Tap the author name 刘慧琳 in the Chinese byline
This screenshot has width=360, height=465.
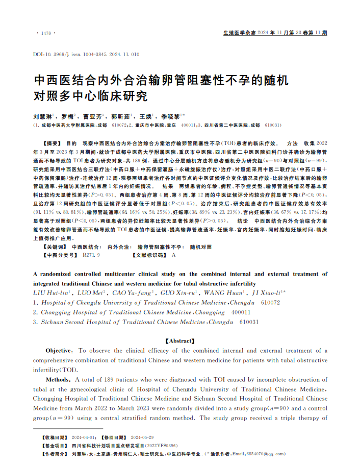click(x=42, y=116)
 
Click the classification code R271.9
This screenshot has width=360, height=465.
click(x=91, y=254)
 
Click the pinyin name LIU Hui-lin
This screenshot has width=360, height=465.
click(x=50, y=292)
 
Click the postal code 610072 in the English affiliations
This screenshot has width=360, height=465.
click(x=270, y=302)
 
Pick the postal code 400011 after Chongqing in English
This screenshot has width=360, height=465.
click(x=241, y=312)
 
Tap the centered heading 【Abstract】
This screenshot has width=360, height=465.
click(x=180, y=340)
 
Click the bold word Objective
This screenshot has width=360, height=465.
click(x=60, y=351)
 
